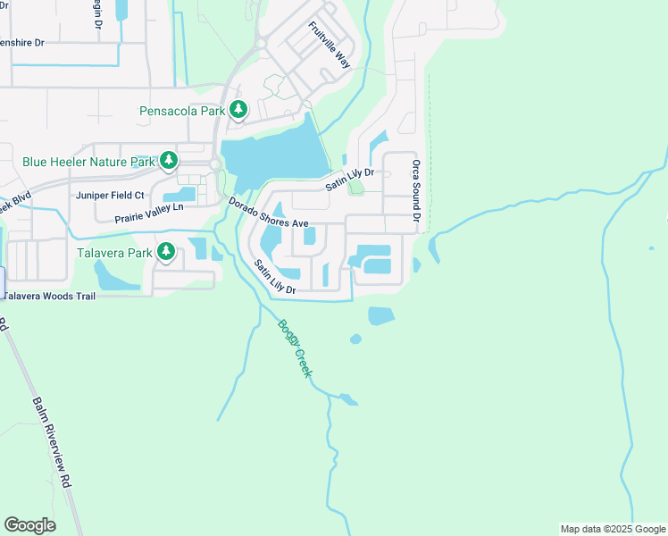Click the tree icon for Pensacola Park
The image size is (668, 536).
[238, 110]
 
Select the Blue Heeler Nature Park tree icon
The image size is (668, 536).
[168, 161]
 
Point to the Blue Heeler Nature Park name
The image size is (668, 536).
[88, 163]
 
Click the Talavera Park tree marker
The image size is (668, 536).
[166, 252]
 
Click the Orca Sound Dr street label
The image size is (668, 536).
[416, 186]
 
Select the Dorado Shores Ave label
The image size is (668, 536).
[268, 213]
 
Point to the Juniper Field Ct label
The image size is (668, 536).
[111, 195]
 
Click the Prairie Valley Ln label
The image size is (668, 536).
[149, 213]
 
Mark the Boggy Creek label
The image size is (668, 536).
[294, 348]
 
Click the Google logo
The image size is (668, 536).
[29, 524]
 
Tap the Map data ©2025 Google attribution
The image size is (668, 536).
[612, 529]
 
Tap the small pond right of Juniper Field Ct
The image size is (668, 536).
[179, 194]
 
